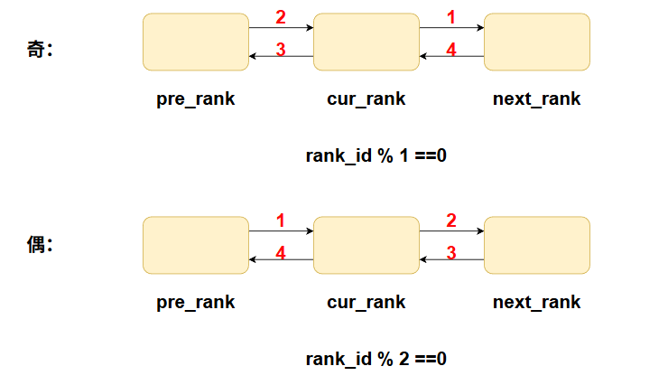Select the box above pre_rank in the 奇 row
click(x=196, y=42)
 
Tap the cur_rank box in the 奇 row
click(x=366, y=42)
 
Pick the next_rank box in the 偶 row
click(x=536, y=245)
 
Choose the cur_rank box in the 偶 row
click(x=366, y=245)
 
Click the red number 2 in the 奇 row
click(x=281, y=17)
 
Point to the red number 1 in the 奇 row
click(x=451, y=17)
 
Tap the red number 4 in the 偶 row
click(x=281, y=254)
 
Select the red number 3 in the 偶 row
click(x=451, y=254)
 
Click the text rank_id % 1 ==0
click(x=376, y=155)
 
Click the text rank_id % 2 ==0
click(x=376, y=359)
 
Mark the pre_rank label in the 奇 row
click(x=196, y=99)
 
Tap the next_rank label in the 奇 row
click(x=536, y=99)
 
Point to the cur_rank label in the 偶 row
click(x=366, y=303)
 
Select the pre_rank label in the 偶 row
click(x=196, y=303)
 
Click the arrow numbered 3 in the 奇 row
click(x=281, y=57)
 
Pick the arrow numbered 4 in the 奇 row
click(x=451, y=57)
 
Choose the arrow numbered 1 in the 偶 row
click(x=281, y=231)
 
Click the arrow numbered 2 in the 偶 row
click(x=451, y=231)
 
